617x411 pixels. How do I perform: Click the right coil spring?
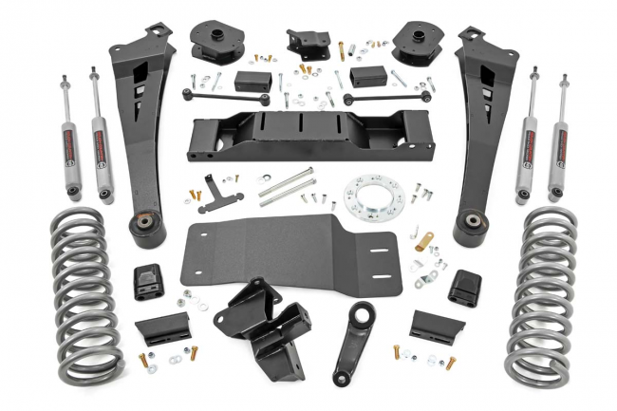pyautogui.click(x=542, y=294)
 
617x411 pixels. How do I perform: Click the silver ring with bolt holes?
pyautogui.click(x=375, y=196)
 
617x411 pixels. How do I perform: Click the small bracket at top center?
pyautogui.click(x=308, y=43)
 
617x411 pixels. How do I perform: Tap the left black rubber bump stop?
pyautogui.click(x=147, y=281)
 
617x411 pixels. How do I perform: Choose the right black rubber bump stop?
pyautogui.click(x=464, y=286)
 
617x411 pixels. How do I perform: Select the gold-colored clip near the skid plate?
pyautogui.click(x=422, y=243)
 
